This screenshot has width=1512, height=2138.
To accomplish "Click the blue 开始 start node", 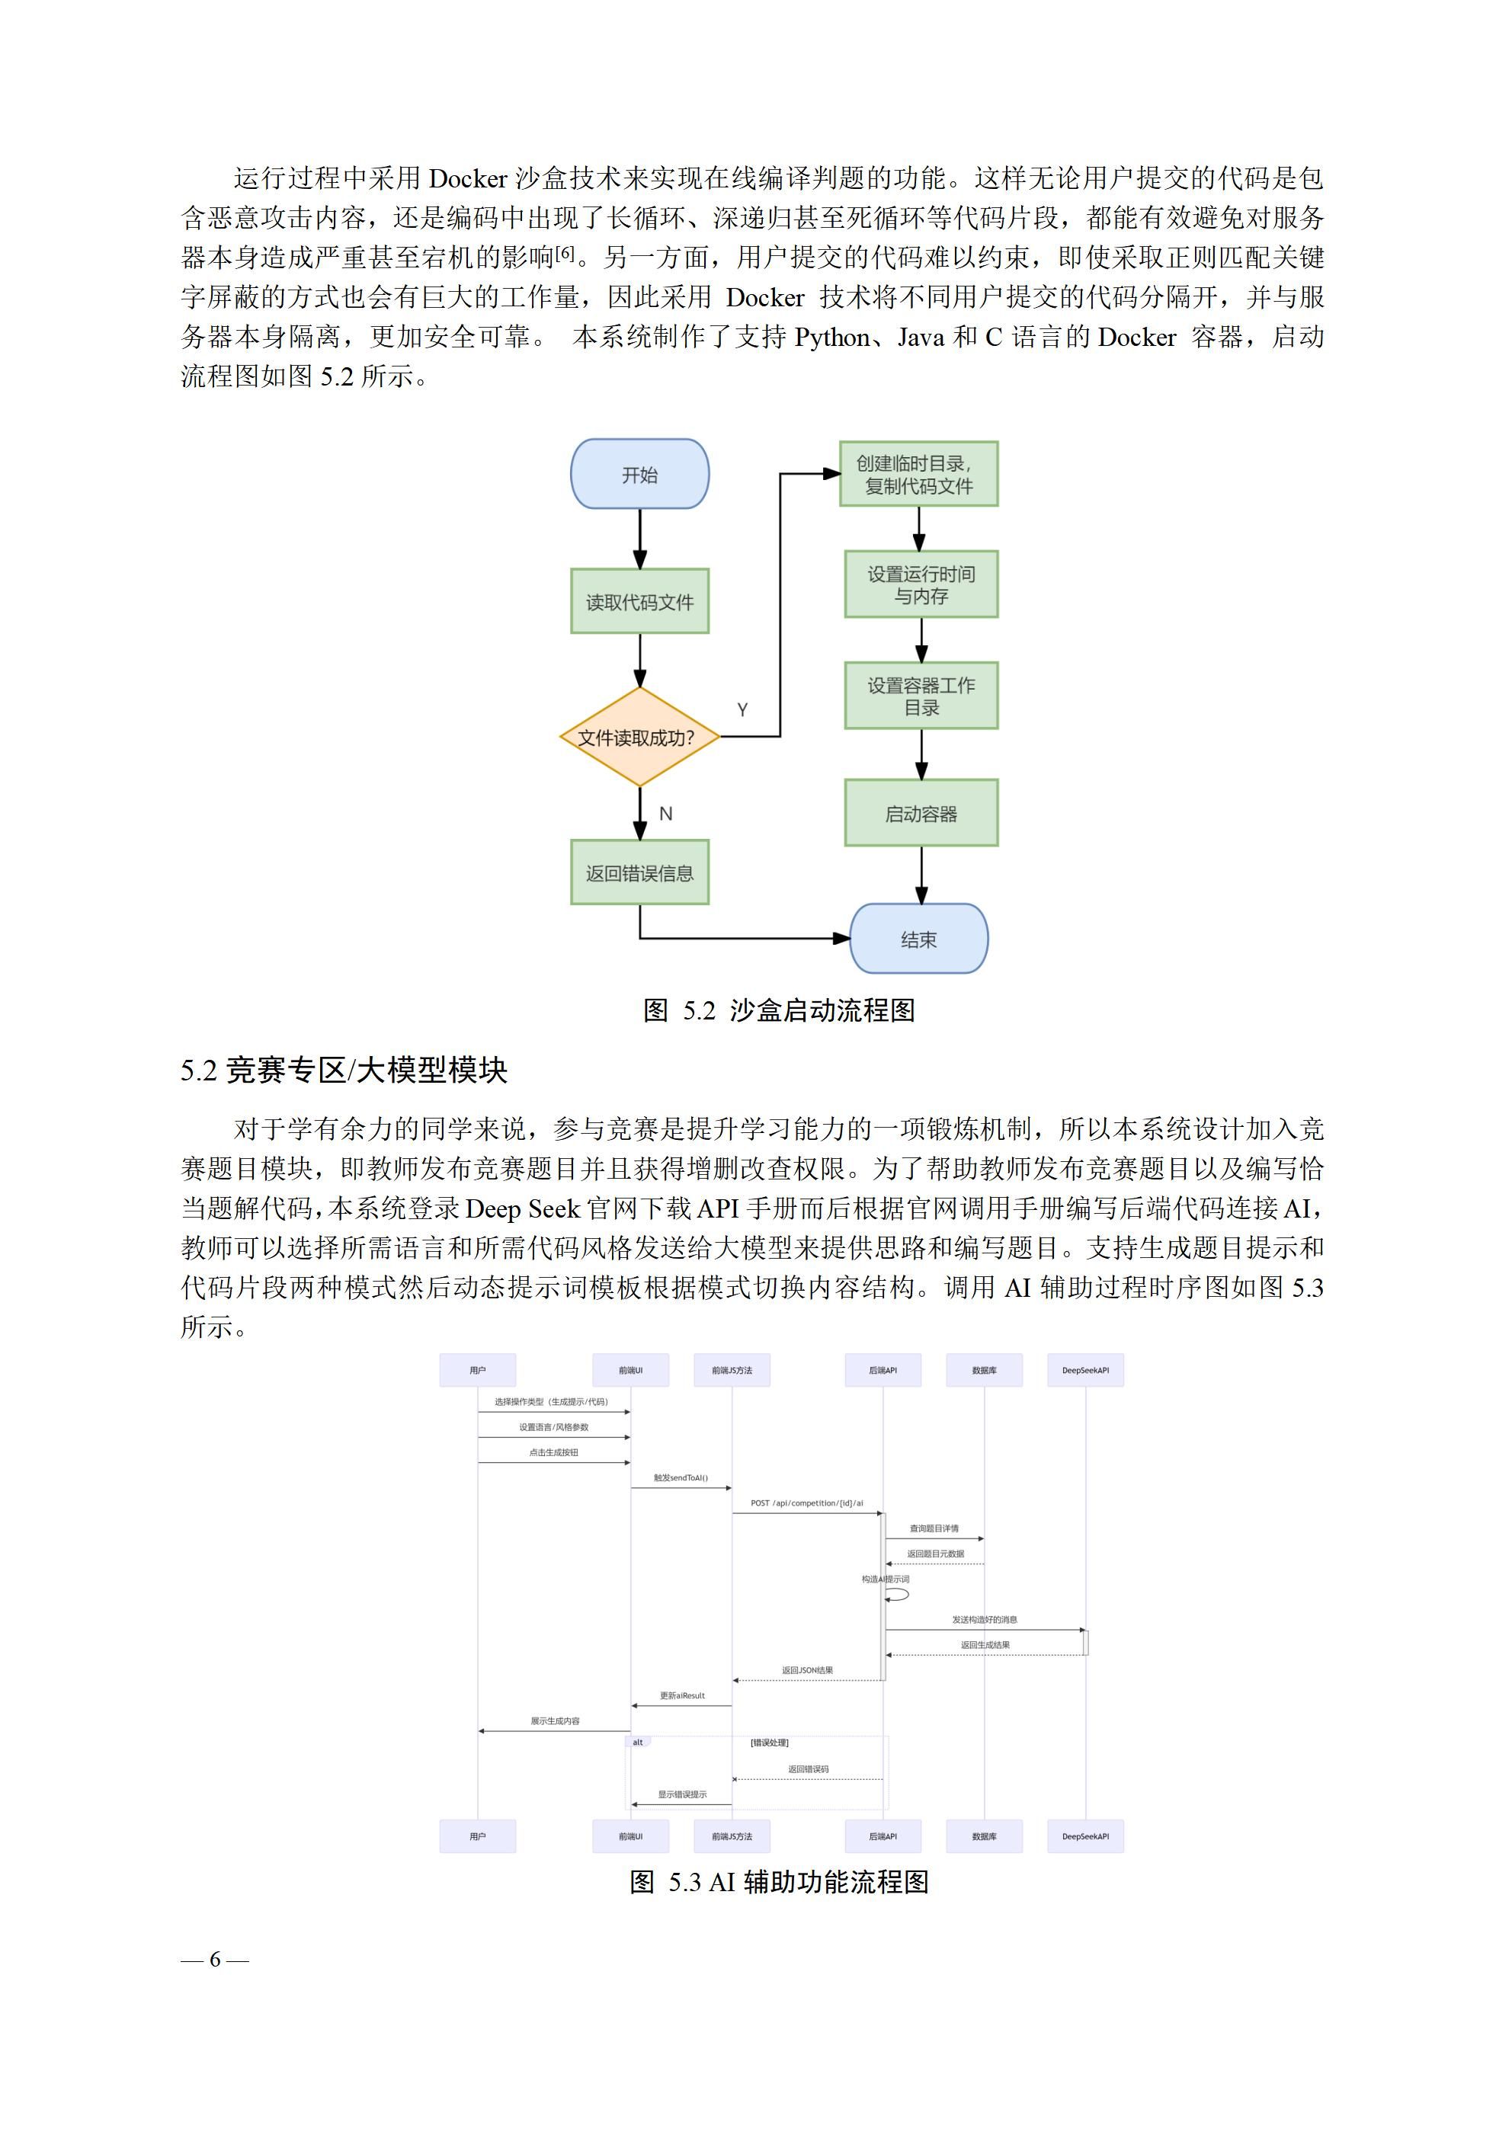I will (639, 474).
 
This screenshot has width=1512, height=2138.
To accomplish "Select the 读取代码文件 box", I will (639, 601).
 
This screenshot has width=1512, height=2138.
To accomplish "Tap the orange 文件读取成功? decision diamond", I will (639, 738).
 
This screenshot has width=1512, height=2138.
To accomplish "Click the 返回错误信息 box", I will (639, 872).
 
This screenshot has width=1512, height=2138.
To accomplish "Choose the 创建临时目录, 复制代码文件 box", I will (918, 474).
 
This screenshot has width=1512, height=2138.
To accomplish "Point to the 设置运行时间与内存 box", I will (921, 584).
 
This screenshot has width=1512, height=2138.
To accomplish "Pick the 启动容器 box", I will (921, 813).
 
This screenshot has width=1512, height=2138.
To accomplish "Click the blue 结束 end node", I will (918, 939).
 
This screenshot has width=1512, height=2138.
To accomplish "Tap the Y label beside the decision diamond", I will (742, 709).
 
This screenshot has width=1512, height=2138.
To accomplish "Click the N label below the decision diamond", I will (665, 814).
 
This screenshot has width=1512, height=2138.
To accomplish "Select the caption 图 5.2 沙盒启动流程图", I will (779, 1010).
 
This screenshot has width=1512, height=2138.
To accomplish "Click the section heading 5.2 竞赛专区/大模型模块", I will (344, 1070).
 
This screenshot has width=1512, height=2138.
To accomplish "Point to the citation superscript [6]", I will (565, 252).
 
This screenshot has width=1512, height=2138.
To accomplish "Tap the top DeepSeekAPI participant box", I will (1084, 1370).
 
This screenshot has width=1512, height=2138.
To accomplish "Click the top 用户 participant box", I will (477, 1370).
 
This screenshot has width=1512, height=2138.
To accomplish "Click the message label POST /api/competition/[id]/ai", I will (807, 1503).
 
